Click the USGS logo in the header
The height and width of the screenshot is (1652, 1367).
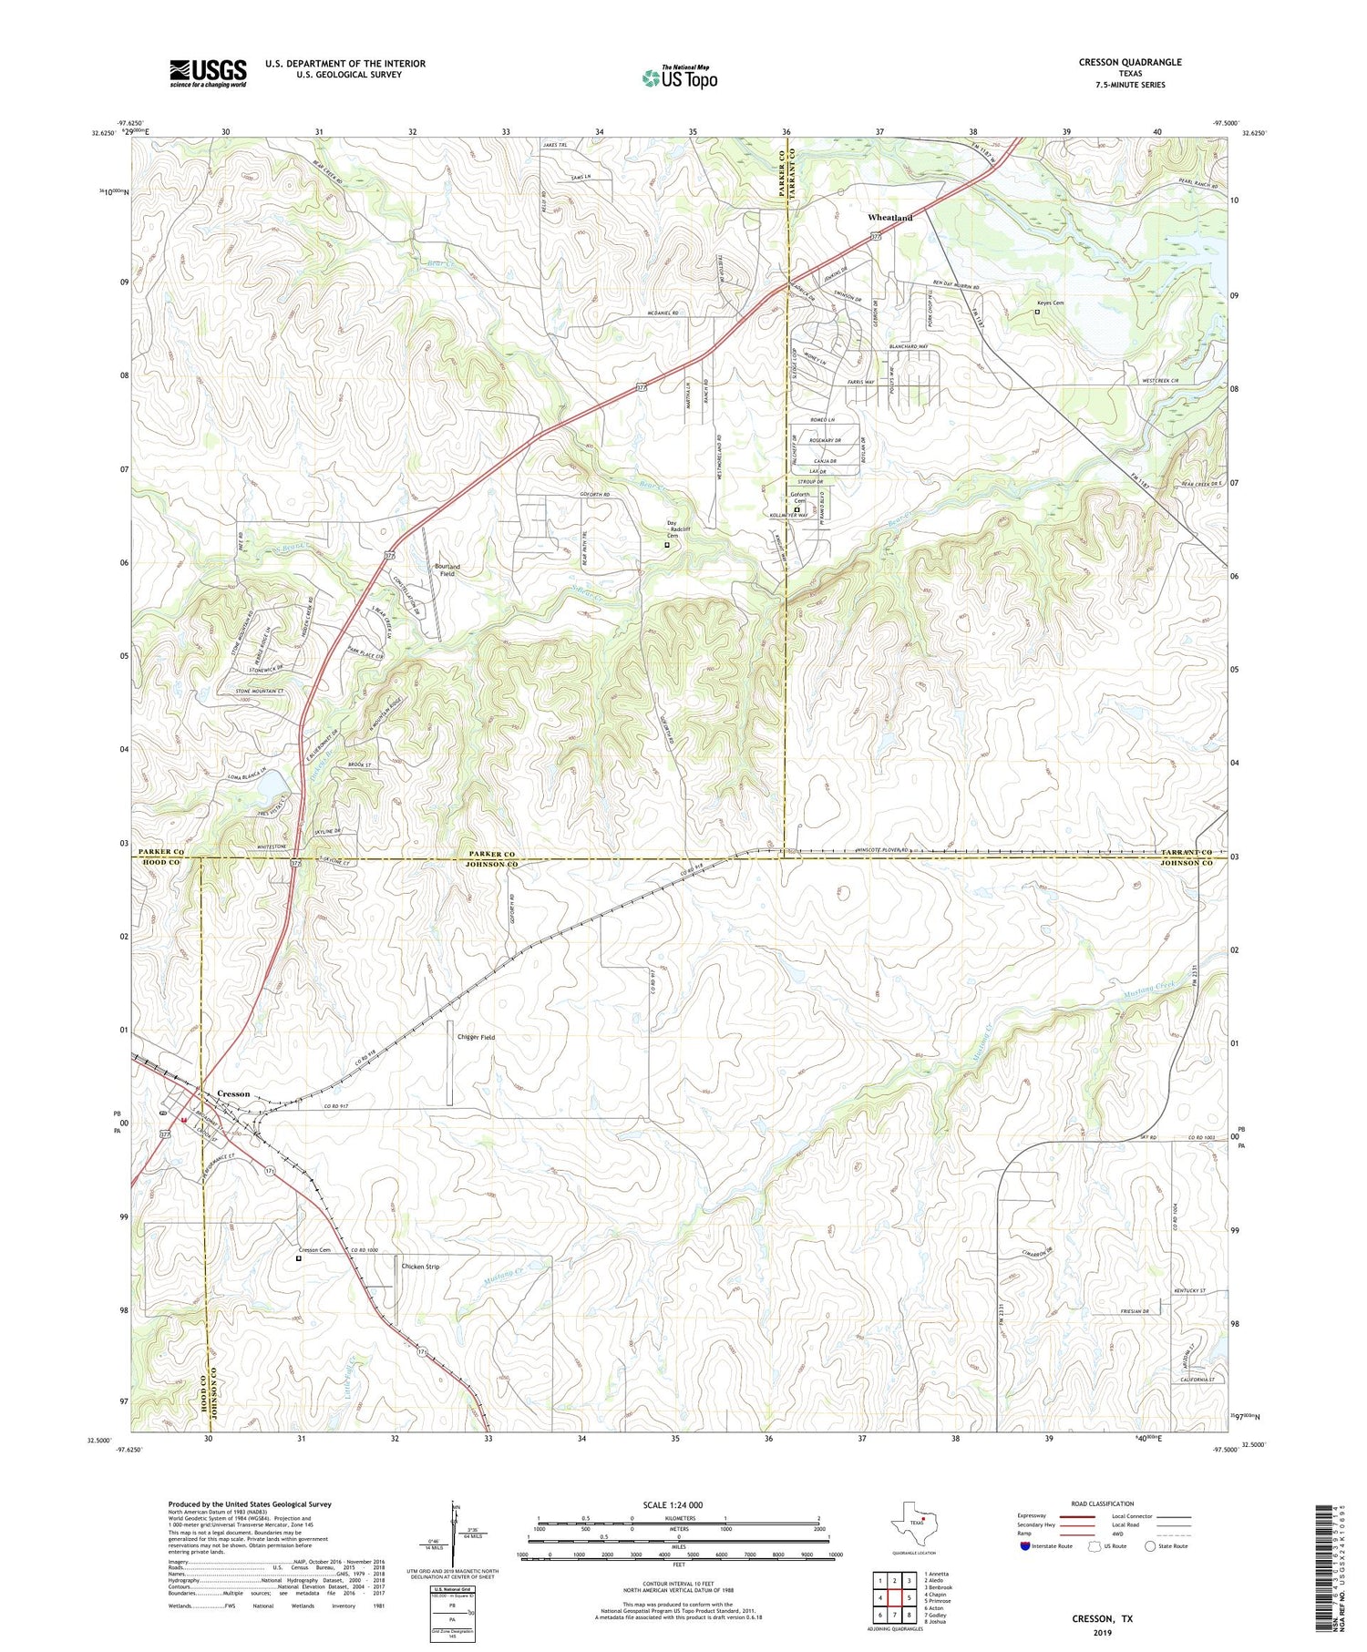pos(208,73)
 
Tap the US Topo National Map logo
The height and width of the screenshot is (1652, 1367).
pos(679,77)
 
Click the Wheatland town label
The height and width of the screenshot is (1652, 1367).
pos(889,218)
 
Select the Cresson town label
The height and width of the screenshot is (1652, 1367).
pos(233,1093)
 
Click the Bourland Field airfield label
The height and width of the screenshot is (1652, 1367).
pos(447,569)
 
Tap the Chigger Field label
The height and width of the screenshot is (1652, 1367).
pos(476,1037)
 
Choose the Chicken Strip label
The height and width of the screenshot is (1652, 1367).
pos(420,1267)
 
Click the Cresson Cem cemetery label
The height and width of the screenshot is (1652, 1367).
pos(314,1250)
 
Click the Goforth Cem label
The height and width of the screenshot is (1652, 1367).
pos(798,498)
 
